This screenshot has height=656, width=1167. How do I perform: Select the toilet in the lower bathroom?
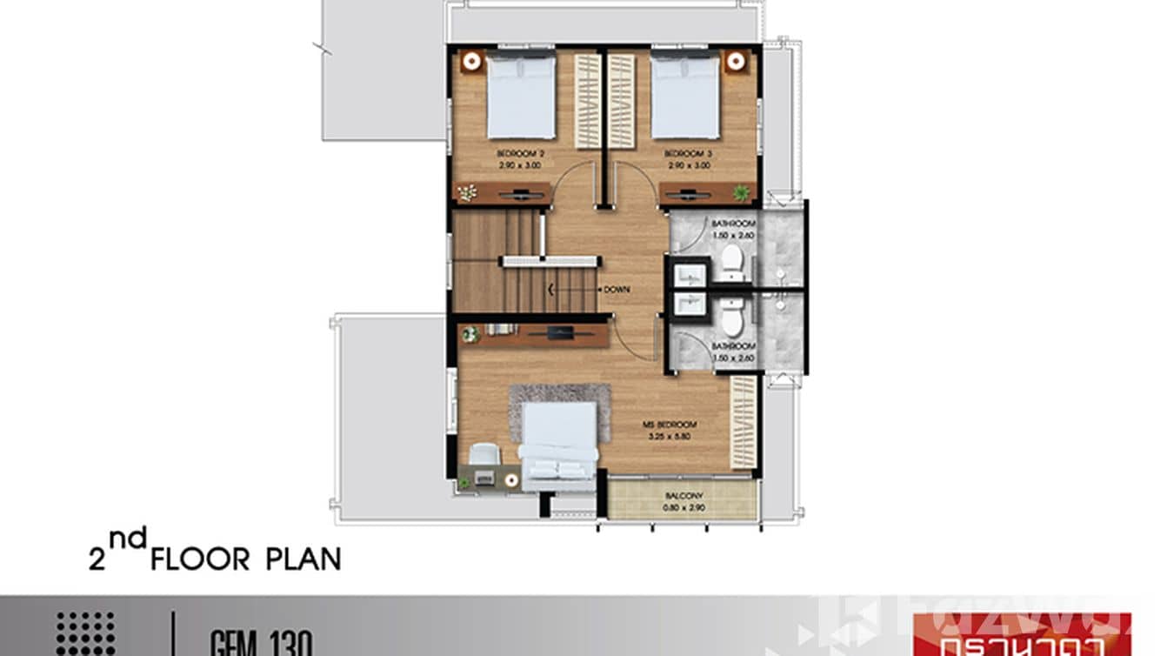click(732, 321)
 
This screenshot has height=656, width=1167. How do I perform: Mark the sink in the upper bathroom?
click(689, 274)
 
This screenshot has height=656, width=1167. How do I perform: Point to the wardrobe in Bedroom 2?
click(588, 100)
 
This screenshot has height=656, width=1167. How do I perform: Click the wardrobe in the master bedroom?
click(744, 422)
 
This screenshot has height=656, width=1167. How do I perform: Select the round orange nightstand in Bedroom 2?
click(471, 61)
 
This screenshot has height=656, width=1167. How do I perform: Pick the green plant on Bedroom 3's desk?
click(741, 192)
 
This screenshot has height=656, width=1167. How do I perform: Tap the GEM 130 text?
click(260, 644)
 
